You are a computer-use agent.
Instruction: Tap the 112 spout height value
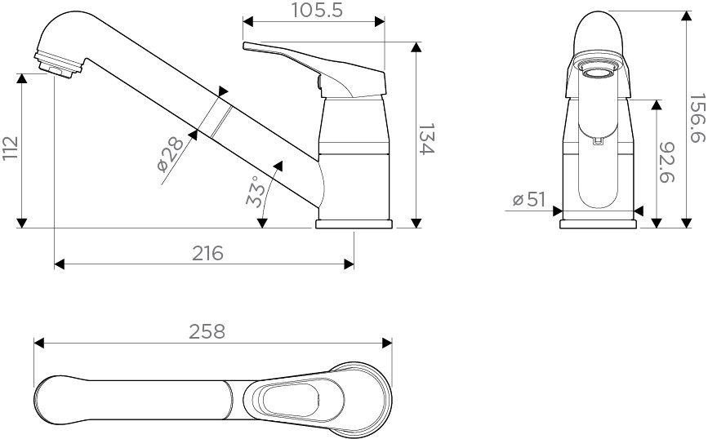coord(10,149)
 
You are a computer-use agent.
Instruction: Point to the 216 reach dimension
coord(207,253)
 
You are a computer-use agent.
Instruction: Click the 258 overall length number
coord(207,331)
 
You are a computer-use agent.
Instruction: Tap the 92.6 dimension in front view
coord(669,162)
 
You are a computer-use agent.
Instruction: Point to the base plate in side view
coord(354,223)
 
